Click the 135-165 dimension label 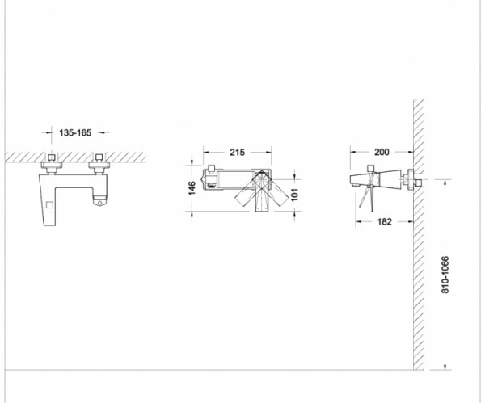[75, 132]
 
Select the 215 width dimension [237, 153]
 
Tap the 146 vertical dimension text [192, 188]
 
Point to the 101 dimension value [294, 195]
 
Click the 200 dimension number [382, 152]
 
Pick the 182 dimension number [385, 221]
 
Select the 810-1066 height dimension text [445, 275]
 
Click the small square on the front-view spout [49, 205]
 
